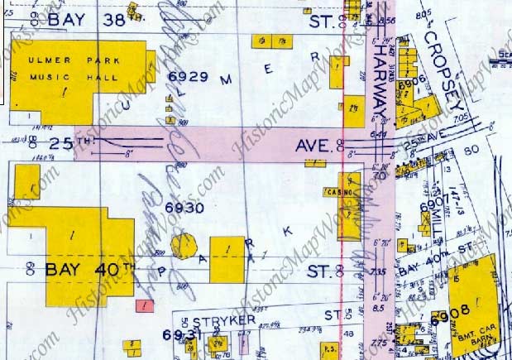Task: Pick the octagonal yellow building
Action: (x=184, y=247)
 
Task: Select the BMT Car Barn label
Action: (x=472, y=337)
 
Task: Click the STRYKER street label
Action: (x=223, y=319)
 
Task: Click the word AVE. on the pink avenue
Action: (x=315, y=147)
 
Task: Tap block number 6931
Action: (x=177, y=336)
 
